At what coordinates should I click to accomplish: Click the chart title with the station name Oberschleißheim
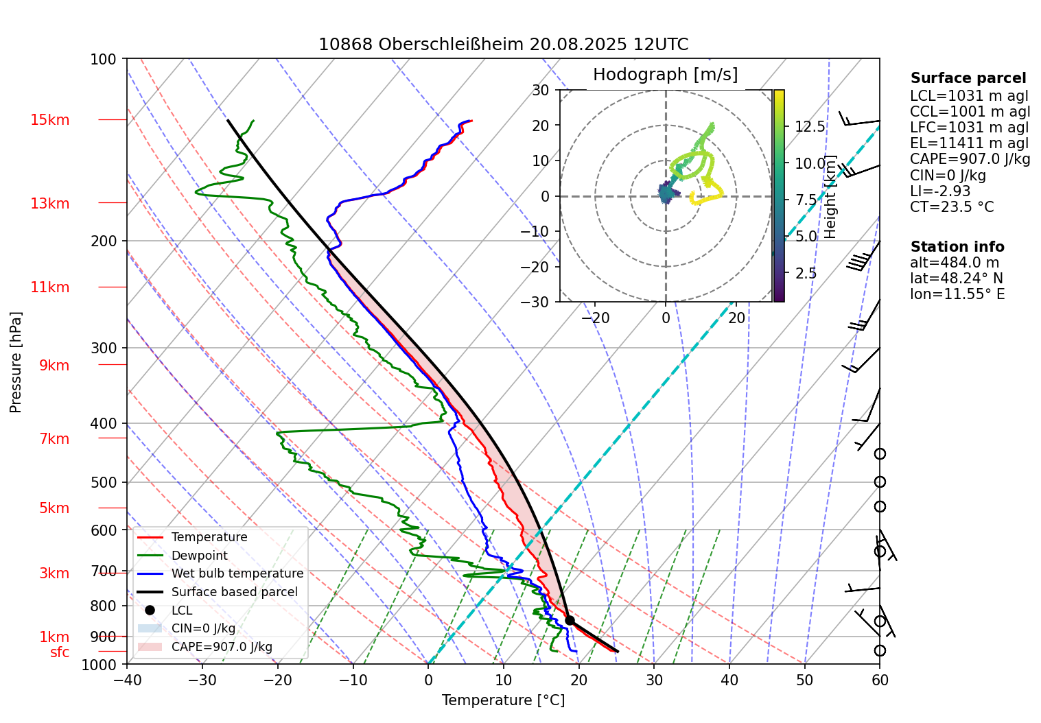[503, 45]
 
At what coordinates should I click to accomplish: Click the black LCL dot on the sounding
[570, 620]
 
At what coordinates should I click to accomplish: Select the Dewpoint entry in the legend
[199, 556]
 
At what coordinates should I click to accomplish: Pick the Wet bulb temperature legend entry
[237, 573]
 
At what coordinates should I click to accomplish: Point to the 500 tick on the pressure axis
[104, 482]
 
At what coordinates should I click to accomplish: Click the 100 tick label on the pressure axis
[104, 59]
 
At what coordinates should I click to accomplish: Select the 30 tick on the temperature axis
[654, 680]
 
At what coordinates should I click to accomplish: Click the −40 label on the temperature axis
[127, 680]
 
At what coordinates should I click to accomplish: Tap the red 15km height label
[49, 120]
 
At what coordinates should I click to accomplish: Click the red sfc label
[60, 652]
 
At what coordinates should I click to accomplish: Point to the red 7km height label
[54, 439]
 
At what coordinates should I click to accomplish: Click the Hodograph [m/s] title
[665, 75]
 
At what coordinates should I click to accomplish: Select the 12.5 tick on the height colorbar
[810, 127]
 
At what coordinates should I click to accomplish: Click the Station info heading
[957, 247]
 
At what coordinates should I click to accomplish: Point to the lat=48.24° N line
[956, 278]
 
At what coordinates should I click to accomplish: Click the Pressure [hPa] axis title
[16, 362]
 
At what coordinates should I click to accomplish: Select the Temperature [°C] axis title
[503, 700]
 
